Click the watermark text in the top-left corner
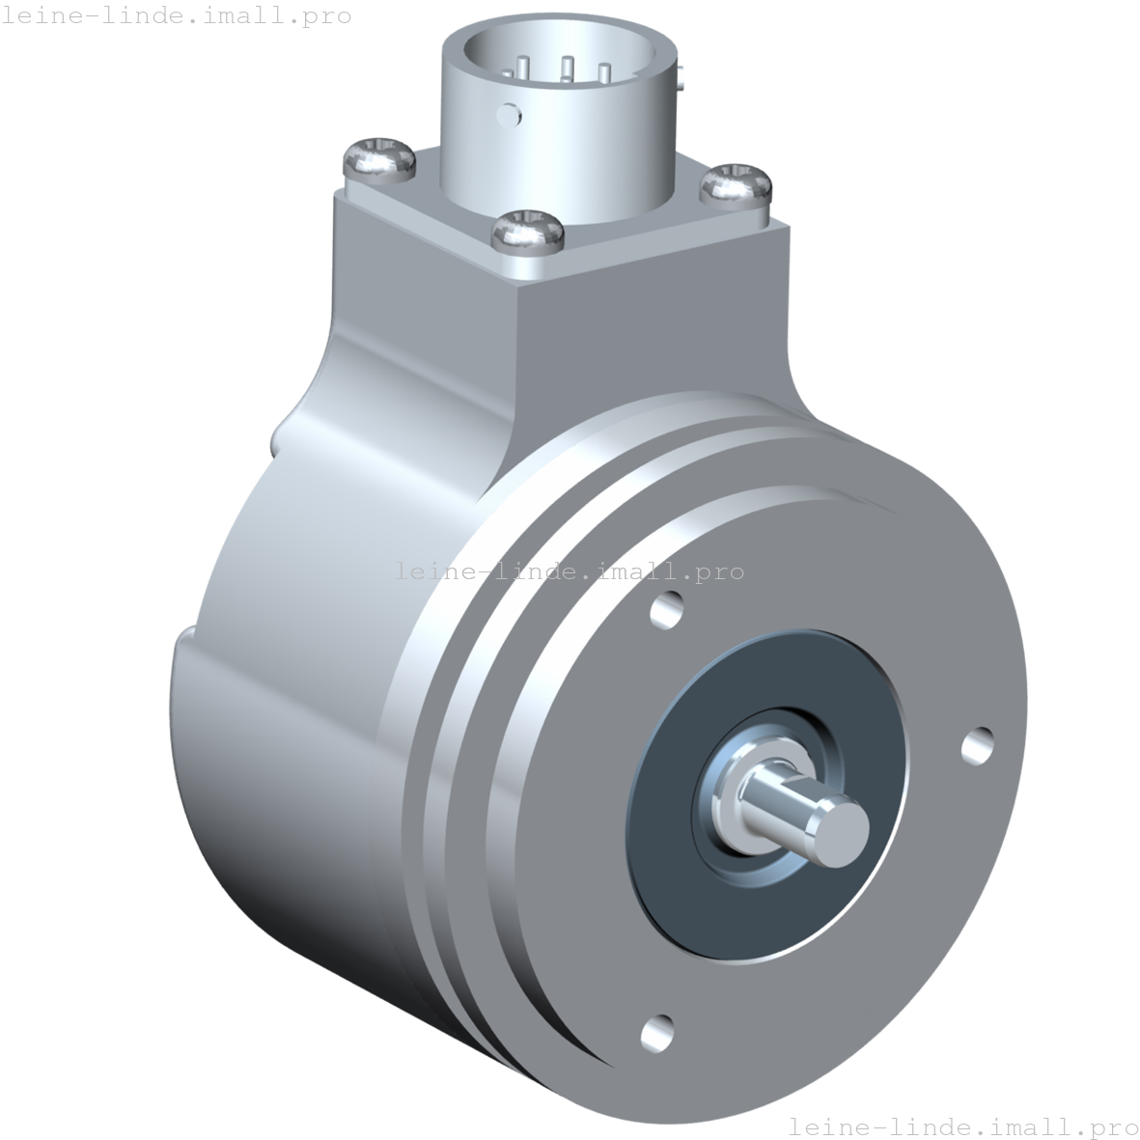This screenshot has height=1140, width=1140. click(x=176, y=16)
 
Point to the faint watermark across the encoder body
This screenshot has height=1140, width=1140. click(x=570, y=571)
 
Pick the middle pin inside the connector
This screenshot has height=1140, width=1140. click(x=567, y=69)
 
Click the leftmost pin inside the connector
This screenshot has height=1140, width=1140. click(x=522, y=69)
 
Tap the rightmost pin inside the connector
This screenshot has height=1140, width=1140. click(x=604, y=72)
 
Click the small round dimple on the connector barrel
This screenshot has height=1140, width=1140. click(x=506, y=116)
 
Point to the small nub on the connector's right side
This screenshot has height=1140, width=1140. click(x=683, y=76)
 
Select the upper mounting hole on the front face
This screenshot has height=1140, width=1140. click(x=666, y=610)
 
